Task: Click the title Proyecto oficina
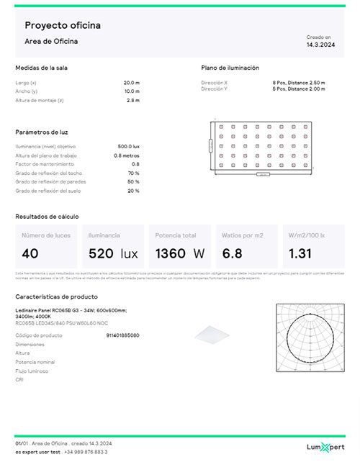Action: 63,26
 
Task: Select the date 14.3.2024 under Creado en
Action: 320,45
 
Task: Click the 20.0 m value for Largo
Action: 131,83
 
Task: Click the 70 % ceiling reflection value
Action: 133,173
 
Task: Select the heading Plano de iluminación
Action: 230,68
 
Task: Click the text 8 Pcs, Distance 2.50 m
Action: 294,83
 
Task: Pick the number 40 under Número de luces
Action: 30,254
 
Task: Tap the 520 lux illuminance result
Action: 112,254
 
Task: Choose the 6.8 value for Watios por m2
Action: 232,254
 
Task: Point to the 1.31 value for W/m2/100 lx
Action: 299,254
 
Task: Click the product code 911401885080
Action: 122,335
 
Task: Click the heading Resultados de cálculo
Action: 47,216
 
